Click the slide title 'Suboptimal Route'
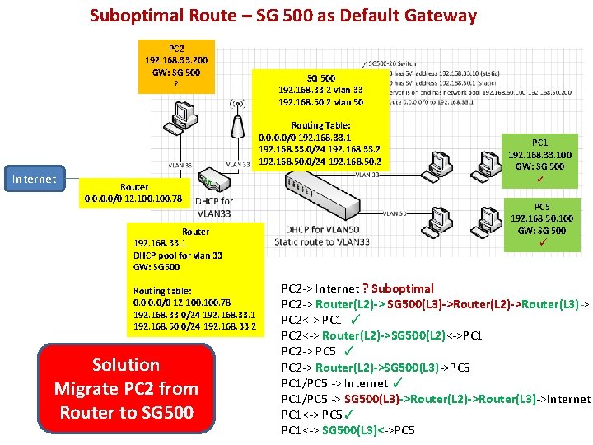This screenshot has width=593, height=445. click(282, 16)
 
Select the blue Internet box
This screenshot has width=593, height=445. click(33, 179)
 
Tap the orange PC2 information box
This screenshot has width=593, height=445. click(176, 66)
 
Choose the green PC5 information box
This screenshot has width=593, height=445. click(541, 224)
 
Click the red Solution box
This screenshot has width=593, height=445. click(126, 388)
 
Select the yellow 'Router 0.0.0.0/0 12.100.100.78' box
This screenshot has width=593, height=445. click(134, 193)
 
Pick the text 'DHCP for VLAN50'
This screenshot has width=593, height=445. click(322, 229)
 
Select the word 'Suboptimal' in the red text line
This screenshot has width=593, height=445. click(403, 288)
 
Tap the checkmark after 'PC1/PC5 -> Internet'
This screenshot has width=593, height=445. click(397, 382)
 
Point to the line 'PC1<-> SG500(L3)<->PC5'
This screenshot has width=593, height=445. click(348, 430)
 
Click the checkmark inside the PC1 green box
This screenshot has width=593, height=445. click(540, 179)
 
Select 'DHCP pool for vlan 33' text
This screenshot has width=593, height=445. click(178, 255)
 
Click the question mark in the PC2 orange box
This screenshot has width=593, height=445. click(175, 84)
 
